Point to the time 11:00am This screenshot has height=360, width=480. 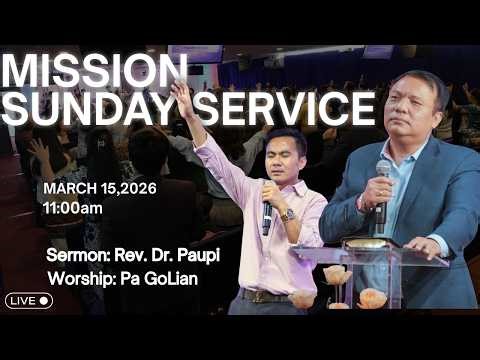tap(72, 208)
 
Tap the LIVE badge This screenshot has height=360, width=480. tap(29, 300)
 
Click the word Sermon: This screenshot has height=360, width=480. tap(73, 255)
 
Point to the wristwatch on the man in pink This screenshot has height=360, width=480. tap(288, 214)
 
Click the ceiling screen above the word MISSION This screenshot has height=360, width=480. tap(195, 52)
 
